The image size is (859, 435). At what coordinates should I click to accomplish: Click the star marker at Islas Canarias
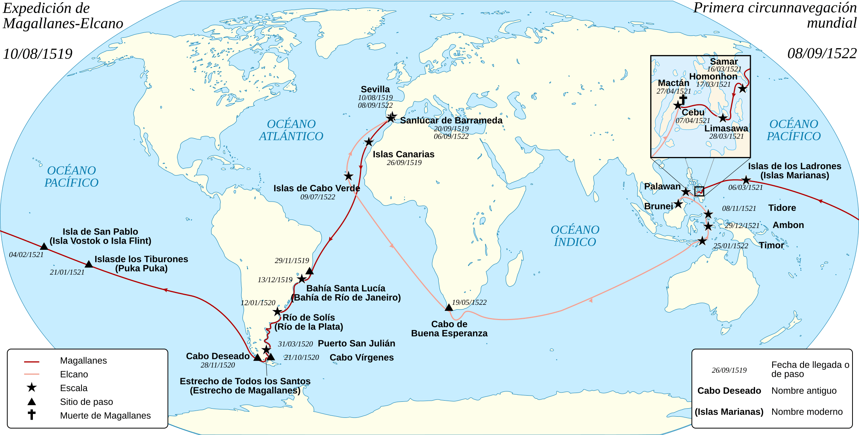[368, 142]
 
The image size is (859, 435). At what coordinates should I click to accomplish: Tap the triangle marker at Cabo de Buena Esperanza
[449, 307]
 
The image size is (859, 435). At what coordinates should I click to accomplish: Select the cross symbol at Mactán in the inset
[683, 99]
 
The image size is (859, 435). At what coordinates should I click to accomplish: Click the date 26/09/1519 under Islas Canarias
[404, 163]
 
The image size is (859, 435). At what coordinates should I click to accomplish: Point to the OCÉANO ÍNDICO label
[575, 236]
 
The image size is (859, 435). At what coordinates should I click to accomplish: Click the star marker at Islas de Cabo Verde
[348, 176]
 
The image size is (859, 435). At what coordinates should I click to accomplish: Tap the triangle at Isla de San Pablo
[44, 247]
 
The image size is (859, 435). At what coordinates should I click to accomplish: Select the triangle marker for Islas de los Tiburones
[89, 264]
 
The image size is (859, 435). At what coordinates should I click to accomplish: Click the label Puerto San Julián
[356, 343]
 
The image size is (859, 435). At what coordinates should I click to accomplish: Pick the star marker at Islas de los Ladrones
[746, 180]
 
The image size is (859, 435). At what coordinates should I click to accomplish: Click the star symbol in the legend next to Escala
[32, 388]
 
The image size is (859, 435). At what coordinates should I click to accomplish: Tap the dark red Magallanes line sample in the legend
[32, 361]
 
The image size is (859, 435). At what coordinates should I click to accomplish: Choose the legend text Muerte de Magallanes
[105, 416]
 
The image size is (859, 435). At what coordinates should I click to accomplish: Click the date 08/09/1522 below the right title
[822, 53]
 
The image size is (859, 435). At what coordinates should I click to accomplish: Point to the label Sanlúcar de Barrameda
[451, 120]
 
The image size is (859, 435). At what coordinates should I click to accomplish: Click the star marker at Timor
[702, 241]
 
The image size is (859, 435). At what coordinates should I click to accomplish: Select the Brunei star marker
[678, 204]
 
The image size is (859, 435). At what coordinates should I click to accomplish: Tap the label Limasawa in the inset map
[726, 128]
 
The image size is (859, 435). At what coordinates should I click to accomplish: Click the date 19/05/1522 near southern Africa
[469, 302]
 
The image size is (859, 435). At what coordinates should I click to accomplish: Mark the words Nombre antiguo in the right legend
[804, 391]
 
